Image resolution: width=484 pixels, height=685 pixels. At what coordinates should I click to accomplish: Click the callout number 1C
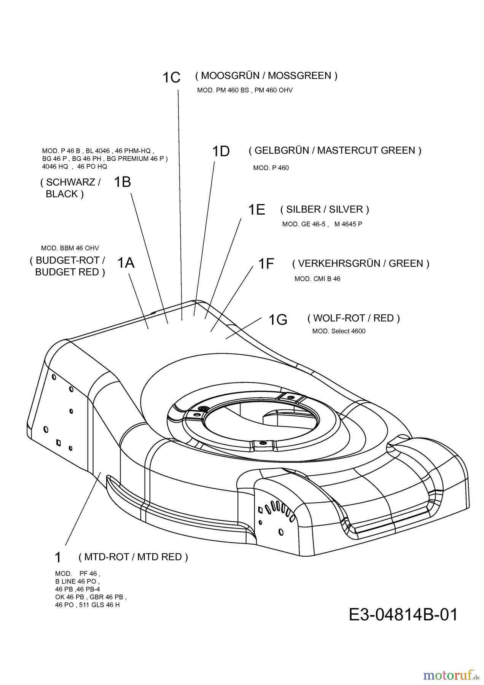pos(171,78)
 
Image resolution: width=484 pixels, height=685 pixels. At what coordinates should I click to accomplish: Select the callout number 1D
pos(221,151)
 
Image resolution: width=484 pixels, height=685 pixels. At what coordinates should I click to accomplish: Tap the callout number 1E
pos(256,210)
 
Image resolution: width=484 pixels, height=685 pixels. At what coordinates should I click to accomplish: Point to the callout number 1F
pos(266,264)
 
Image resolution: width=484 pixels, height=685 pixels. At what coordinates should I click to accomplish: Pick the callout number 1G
pos(278,320)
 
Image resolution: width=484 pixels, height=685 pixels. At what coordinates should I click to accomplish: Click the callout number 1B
pos(122,182)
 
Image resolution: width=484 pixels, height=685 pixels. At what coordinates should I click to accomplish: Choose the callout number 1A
pos(126,263)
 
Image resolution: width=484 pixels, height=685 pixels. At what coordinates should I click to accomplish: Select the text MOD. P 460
pos(271,168)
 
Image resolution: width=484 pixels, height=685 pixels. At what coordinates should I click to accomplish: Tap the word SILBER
pos(303,209)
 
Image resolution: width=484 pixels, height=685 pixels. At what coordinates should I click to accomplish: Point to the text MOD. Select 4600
pos(339,331)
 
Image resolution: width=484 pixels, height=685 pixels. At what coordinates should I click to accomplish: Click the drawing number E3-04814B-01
pos(403,614)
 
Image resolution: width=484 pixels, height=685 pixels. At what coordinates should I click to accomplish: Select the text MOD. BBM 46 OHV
pos(70,248)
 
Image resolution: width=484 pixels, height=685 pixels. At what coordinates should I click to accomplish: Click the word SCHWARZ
pos(70,182)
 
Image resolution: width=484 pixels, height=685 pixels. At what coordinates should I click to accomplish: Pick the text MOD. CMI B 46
pos(317,279)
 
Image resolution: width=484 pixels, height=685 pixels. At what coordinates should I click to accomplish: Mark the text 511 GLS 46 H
pos(99,605)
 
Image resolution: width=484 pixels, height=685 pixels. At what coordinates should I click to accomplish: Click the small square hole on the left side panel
pos(59,442)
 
